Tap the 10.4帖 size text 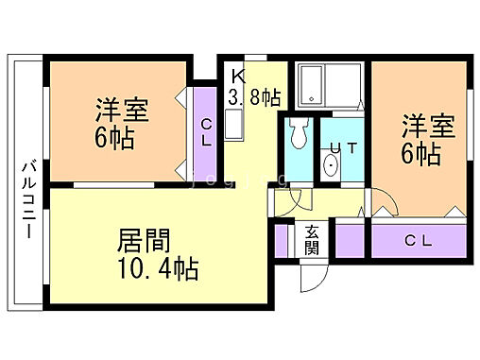tap(157, 269)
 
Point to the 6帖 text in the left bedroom tap(113, 138)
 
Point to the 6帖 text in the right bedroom tap(420, 153)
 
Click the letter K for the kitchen tap(237, 76)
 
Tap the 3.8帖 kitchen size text tap(253, 96)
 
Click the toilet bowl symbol tap(299, 136)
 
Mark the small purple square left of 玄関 tap(283, 240)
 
